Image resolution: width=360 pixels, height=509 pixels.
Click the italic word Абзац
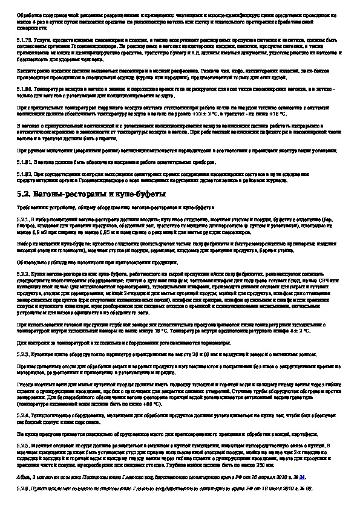tap(24, 476)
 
